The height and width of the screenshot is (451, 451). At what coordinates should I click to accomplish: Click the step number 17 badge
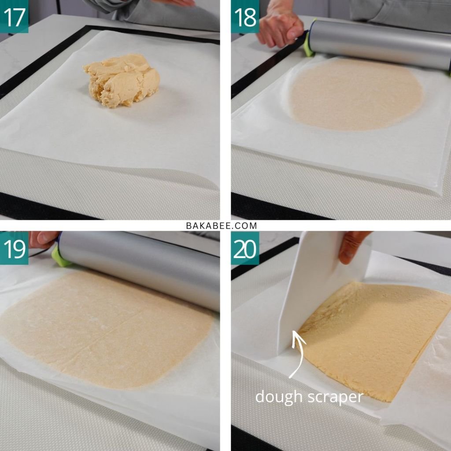(14, 16)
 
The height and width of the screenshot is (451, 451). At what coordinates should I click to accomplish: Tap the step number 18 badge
(245, 16)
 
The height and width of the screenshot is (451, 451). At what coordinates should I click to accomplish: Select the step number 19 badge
(14, 248)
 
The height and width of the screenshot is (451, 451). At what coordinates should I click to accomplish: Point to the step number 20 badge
(245, 248)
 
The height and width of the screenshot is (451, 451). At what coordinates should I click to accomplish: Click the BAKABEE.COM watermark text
(222, 226)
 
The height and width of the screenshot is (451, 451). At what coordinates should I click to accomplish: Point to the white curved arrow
(299, 354)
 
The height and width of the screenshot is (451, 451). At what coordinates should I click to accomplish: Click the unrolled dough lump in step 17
(122, 81)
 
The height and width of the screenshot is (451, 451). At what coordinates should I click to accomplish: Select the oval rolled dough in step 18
(356, 94)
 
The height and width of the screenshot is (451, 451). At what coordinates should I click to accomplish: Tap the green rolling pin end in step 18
(309, 43)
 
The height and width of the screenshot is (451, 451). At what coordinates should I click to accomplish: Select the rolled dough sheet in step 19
(107, 328)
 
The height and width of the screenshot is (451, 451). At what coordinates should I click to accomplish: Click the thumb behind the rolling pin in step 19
(43, 239)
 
